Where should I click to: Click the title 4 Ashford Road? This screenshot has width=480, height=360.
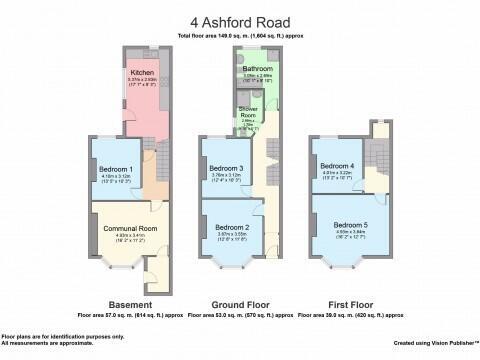tap(240, 20)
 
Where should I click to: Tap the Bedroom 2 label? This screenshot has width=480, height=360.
tap(232, 228)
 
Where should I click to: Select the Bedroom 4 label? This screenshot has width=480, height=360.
tap(337, 166)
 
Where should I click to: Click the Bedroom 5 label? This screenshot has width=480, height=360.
tap(351, 224)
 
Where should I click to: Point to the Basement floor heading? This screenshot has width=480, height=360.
tap(130, 303)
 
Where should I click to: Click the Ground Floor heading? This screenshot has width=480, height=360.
tap(239, 303)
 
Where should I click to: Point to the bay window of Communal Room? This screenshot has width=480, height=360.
tap(122, 266)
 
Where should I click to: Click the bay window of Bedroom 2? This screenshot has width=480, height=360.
tap(232, 264)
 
